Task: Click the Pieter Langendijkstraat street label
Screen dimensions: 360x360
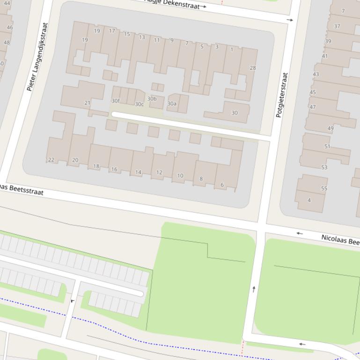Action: pos(37,57)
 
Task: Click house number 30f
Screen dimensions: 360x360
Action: pos(115,101)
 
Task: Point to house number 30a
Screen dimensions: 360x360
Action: pos(172,104)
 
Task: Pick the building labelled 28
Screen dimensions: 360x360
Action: pos(253,68)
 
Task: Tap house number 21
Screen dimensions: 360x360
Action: pos(87,103)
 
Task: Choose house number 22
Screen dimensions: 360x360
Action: pos(51,160)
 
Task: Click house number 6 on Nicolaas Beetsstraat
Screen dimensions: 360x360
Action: pos(222,185)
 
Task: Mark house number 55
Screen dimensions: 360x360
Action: pos(324,188)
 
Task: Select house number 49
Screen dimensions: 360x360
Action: pos(331,128)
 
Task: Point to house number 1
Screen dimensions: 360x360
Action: pos(232,50)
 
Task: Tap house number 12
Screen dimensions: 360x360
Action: pos(159,173)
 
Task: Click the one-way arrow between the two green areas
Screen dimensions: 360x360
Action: pos(254,289)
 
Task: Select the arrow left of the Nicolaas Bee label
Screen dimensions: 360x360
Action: pos(300,233)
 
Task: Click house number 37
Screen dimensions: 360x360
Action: pos(337,26)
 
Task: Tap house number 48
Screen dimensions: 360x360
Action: pos(7,43)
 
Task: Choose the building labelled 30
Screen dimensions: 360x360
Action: pos(235,113)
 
